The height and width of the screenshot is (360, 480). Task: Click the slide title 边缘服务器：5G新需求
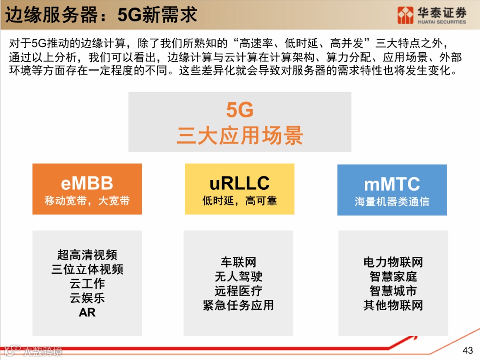coord(101,16)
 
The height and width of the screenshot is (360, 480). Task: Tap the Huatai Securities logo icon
coord(405,15)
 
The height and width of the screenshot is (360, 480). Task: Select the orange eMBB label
coord(87,183)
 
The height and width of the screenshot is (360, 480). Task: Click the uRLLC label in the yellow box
coord(240,183)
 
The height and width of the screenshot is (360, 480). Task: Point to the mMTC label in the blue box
coord(392,184)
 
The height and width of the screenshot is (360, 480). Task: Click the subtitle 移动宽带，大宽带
coord(87,201)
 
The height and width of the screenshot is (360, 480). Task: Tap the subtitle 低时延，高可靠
coord(240,201)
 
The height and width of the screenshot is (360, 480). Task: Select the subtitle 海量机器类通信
coord(392,202)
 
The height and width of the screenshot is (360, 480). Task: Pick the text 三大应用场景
coord(240,136)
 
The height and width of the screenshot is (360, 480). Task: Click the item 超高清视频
coord(87,255)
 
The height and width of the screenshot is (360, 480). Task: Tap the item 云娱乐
coord(87,298)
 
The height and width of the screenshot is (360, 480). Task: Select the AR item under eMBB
coord(87,312)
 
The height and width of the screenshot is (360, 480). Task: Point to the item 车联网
coord(239,262)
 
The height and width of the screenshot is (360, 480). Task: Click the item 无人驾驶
coord(239,276)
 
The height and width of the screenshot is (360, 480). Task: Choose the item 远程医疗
coord(239,291)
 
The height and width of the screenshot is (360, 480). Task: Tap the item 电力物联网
coord(393,262)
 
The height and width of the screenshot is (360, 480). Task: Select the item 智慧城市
coord(393,291)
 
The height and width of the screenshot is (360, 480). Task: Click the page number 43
coord(468,350)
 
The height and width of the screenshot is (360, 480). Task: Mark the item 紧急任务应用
coord(239,305)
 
